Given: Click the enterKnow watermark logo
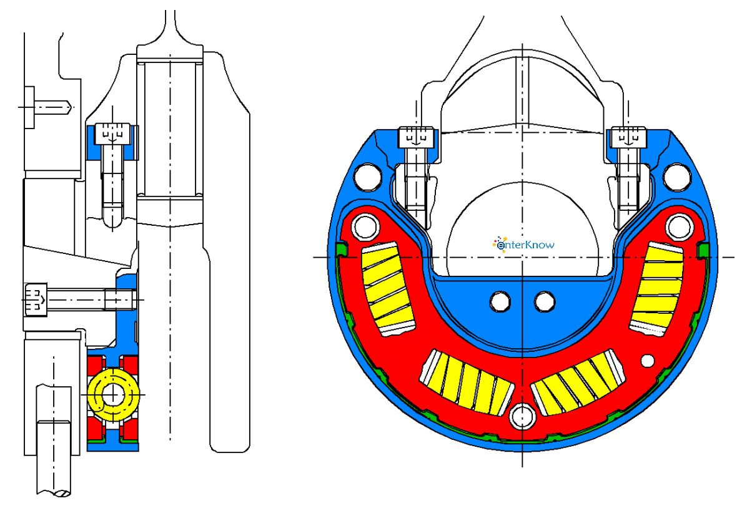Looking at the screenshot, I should [x=524, y=245].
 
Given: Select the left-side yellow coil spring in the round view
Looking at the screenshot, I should [x=388, y=289].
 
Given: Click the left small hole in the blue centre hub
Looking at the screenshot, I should [x=500, y=302].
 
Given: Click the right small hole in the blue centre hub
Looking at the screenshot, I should [x=544, y=302].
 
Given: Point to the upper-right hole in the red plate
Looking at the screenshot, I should [x=677, y=227].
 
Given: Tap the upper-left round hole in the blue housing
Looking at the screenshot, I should [x=369, y=177].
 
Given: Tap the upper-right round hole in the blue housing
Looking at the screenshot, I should [x=676, y=177].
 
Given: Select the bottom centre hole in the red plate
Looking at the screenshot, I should [x=521, y=416].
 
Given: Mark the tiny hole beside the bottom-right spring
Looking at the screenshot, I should [x=648, y=361].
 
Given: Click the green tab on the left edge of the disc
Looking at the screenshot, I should [x=340, y=250].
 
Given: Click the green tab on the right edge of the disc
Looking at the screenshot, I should [x=703, y=250].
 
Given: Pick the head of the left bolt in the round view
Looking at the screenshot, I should [x=416, y=137].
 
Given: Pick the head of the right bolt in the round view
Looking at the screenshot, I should [x=628, y=137].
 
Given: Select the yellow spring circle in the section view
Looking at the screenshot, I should [x=112, y=395].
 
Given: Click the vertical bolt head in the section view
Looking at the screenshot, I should [x=113, y=133].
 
